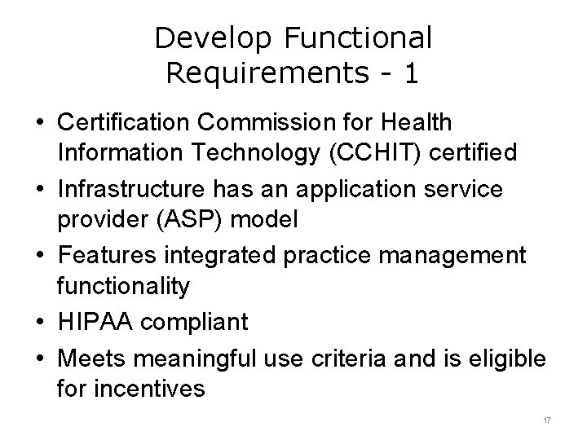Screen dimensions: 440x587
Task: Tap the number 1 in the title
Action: [411, 73]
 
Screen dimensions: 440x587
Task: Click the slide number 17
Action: [547, 419]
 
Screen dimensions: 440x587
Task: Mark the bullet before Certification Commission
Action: [40, 123]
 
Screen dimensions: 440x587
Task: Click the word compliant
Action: [195, 323]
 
